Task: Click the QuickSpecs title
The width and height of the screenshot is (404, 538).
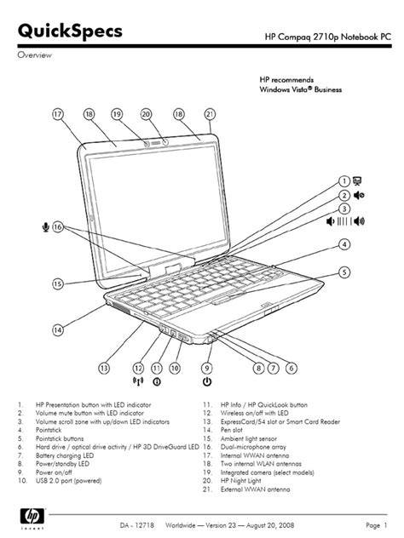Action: [70, 31]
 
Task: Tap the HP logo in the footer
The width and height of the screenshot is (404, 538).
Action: [32, 516]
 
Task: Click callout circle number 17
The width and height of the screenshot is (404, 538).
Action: [58, 114]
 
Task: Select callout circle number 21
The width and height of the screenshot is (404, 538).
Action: [210, 114]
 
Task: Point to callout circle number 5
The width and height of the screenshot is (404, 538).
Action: [344, 272]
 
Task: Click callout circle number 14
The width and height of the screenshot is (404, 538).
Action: [58, 330]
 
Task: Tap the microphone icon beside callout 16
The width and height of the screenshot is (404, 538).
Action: [46, 226]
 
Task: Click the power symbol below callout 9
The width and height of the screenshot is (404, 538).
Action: [207, 381]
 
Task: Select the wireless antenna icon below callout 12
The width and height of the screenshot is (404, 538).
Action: [138, 381]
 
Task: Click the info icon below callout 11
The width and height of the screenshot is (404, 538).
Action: [157, 381]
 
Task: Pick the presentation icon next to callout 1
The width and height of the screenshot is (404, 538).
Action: [357, 180]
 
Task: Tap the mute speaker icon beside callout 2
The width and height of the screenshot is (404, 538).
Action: [359, 195]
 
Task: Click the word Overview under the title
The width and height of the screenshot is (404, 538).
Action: [35, 54]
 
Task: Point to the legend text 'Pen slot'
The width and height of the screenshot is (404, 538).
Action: [232, 430]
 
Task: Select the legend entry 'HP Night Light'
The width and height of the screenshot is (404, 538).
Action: [241, 481]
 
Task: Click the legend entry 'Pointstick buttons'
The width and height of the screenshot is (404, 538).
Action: [60, 438]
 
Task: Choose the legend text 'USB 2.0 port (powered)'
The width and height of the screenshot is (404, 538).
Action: [69, 481]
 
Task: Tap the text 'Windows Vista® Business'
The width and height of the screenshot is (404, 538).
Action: [301, 89]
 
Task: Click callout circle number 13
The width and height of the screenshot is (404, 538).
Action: [104, 368]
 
